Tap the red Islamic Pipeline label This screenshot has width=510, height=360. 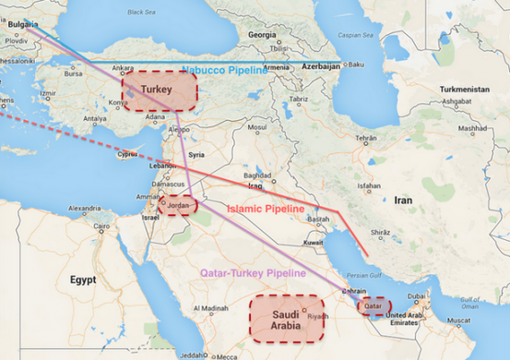pyautogui.click(x=265, y=210)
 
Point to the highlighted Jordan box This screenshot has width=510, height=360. pyautogui.click(x=177, y=205)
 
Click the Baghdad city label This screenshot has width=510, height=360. pyautogui.click(x=256, y=174)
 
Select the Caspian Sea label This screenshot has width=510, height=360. pyautogui.click(x=356, y=35)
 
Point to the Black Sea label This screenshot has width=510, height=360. pyautogui.click(x=142, y=13)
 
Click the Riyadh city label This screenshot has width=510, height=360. pyautogui.click(x=317, y=317)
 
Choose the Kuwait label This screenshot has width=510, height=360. pyautogui.click(x=313, y=243)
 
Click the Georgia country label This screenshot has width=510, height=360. pyautogui.click(x=262, y=34)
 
